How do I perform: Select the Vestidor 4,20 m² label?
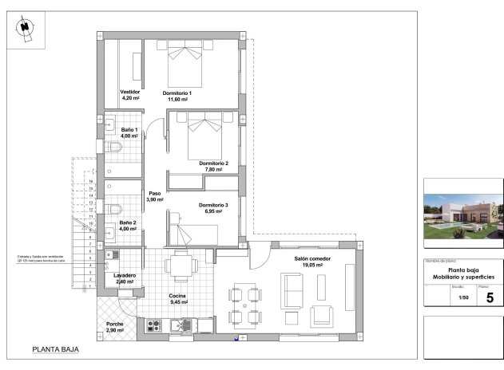tap(129, 95)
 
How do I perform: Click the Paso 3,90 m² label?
tap(155, 196)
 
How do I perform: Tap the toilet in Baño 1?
tap(114, 148)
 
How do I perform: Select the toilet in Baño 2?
tap(116, 210)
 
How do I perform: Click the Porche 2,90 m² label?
tap(115, 326)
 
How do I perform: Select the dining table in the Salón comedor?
tap(245, 305)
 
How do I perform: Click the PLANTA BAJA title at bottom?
tap(54, 349)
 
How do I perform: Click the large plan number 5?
tap(490, 297)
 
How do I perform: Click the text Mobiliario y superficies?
tap(460, 276)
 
